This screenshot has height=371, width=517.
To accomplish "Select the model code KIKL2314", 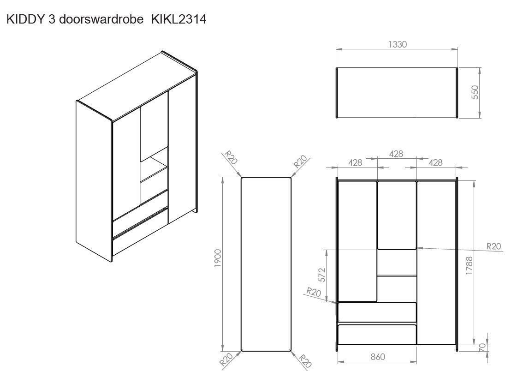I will tap(178, 20).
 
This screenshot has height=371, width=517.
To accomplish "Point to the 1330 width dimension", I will tap(397, 44).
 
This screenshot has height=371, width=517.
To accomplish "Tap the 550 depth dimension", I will tap(475, 92).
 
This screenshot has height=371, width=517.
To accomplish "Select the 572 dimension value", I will tap(322, 275).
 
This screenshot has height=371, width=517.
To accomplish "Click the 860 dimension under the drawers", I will tap(377, 357).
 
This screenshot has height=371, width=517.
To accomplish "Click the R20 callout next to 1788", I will tap(493, 247).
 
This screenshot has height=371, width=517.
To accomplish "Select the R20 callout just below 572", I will tap(314, 293).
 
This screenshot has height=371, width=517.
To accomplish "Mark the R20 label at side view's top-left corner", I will tap(231, 158).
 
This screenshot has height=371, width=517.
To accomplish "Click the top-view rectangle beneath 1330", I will tap(397, 93).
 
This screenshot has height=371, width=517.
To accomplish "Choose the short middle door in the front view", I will tap(397, 215).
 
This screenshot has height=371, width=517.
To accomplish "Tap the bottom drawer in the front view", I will tap(377, 335).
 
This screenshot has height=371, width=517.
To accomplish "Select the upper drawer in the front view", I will tap(377, 312).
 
